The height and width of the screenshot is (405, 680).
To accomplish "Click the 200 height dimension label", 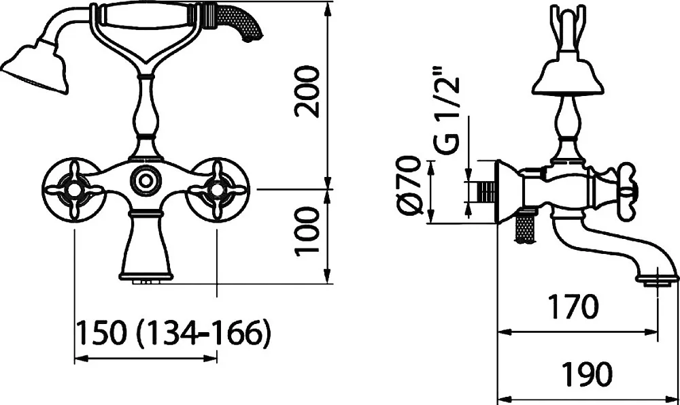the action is (x=307, y=92).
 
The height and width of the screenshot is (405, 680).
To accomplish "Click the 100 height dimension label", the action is (x=307, y=231).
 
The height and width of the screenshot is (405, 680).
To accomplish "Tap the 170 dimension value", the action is (x=573, y=306).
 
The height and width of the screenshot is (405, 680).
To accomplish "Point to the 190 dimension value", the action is (x=588, y=373).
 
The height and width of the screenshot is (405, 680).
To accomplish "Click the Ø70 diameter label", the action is (x=409, y=185).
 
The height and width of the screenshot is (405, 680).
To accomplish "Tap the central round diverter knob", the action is (x=146, y=179).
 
